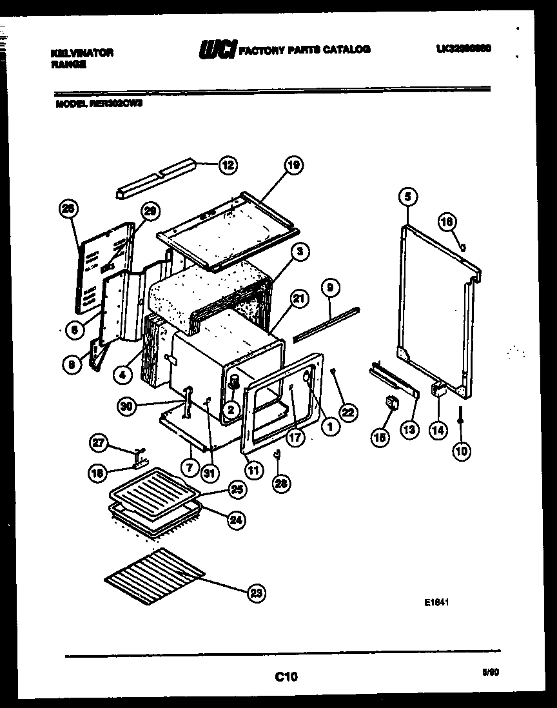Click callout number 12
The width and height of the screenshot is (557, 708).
(227, 165)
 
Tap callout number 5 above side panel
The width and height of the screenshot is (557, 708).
(407, 195)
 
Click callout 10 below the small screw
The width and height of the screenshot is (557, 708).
(462, 451)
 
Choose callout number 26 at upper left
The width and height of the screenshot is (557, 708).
(67, 208)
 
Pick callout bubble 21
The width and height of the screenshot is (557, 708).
(298, 299)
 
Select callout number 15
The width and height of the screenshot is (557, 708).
(380, 437)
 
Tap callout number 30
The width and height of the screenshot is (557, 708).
(126, 406)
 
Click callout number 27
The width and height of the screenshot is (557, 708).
(97, 442)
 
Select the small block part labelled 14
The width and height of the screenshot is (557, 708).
(439, 390)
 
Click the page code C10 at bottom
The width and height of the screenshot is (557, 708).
(286, 676)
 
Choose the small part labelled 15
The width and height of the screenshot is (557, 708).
(391, 404)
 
